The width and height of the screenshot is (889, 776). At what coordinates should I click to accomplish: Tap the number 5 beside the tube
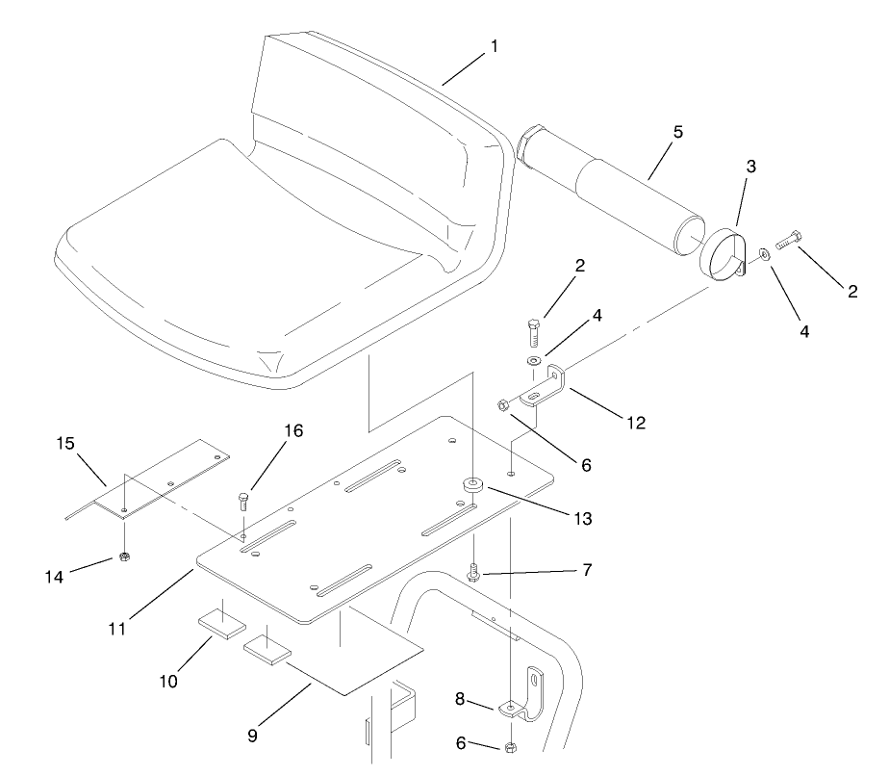click(x=678, y=132)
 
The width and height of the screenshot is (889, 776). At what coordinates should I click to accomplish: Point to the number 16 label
click(x=294, y=430)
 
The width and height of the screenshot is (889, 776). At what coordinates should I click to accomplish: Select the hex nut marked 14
click(x=124, y=556)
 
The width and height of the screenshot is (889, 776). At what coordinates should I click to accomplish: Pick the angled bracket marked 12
click(x=546, y=387)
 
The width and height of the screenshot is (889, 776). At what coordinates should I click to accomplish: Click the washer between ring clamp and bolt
click(x=762, y=253)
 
